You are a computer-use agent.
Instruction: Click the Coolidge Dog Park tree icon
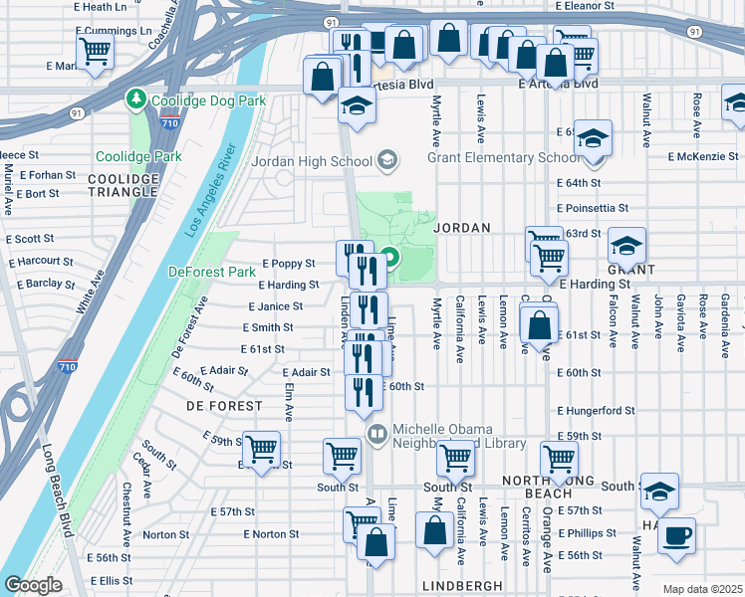point(134,99)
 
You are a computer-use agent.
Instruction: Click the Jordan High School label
point(312,160)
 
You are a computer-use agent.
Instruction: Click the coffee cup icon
point(677,535)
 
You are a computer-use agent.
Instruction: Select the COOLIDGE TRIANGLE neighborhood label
point(124,185)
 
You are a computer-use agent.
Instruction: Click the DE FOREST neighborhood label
point(224,406)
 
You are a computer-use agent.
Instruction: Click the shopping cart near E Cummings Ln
point(95,50)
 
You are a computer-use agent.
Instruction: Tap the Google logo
point(32,585)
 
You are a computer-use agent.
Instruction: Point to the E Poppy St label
point(288,264)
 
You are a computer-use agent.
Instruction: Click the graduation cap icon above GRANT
point(626,244)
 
